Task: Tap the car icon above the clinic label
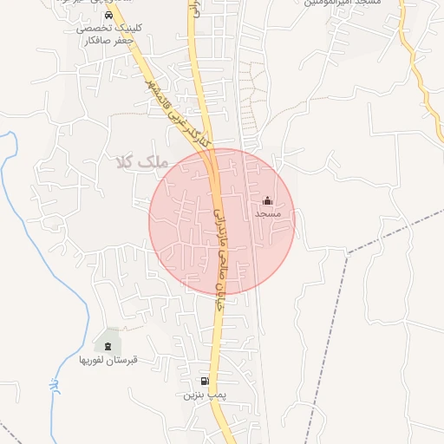point(107,16)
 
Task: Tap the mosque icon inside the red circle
point(266,200)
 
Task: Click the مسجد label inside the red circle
point(266,213)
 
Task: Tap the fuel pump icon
point(205,381)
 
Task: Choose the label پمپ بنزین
point(205,395)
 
